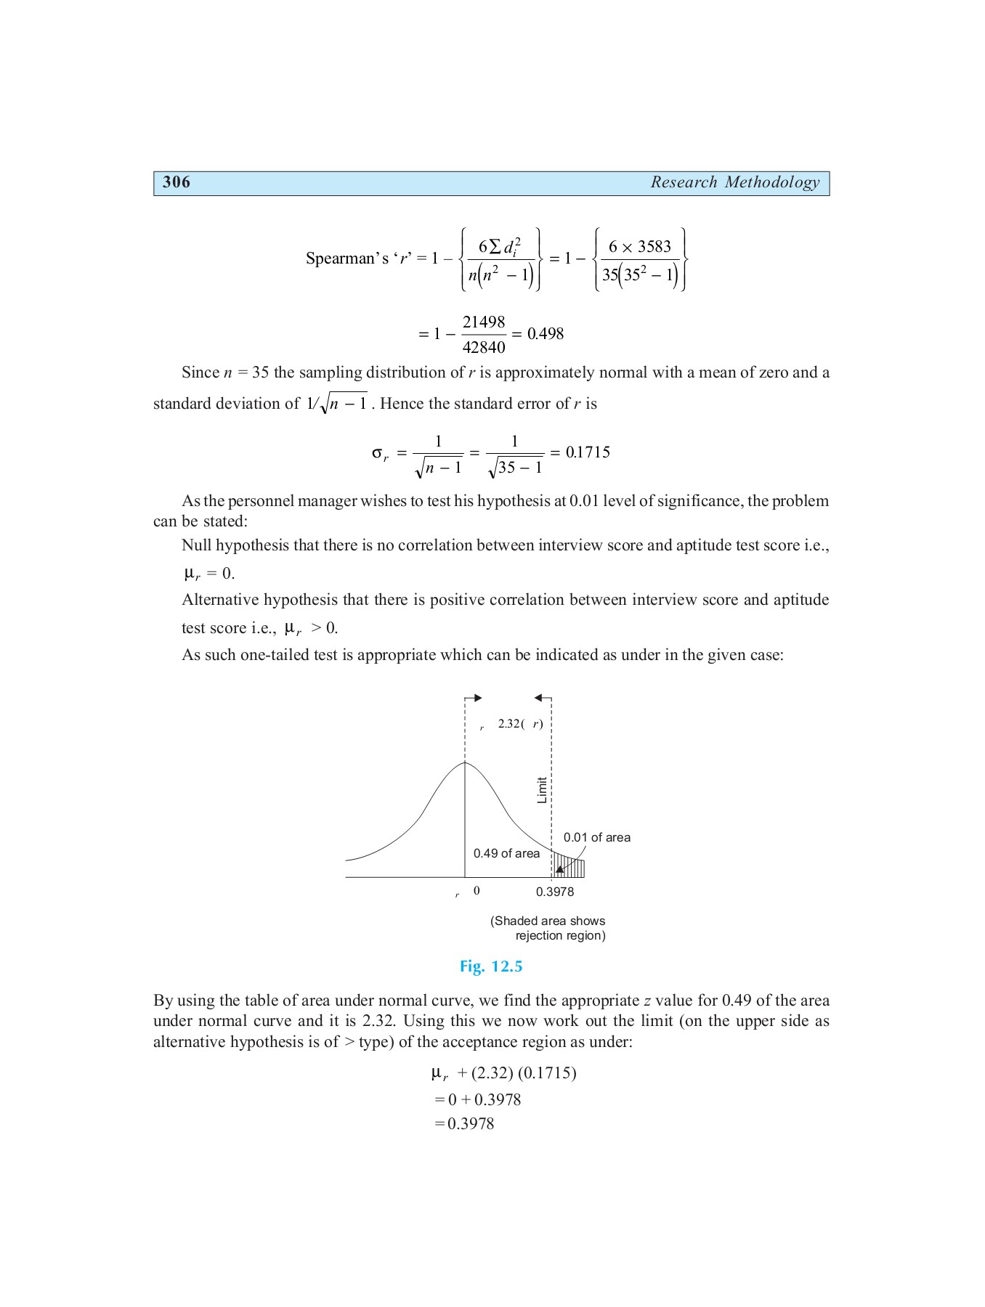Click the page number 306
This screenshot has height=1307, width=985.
(177, 182)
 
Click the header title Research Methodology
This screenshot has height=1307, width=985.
(734, 182)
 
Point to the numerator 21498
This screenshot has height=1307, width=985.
(484, 322)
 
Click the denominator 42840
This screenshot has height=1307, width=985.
(484, 347)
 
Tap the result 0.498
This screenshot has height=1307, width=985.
(546, 334)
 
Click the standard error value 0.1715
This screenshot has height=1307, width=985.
(588, 452)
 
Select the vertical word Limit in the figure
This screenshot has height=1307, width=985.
(542, 790)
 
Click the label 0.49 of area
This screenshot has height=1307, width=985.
(506, 853)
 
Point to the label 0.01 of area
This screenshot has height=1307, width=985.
(596, 837)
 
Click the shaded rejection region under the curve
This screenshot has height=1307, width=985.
(571, 868)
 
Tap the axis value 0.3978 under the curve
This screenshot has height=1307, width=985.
(555, 892)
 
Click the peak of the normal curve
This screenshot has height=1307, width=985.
(465, 763)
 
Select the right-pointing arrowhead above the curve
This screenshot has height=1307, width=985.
(477, 699)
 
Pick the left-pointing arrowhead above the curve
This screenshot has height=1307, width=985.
(538, 699)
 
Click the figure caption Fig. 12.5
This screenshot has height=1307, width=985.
(491, 966)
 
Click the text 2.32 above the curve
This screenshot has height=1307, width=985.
(508, 724)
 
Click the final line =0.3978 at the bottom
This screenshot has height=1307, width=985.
(465, 1123)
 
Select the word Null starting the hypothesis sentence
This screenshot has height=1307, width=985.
(196, 545)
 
